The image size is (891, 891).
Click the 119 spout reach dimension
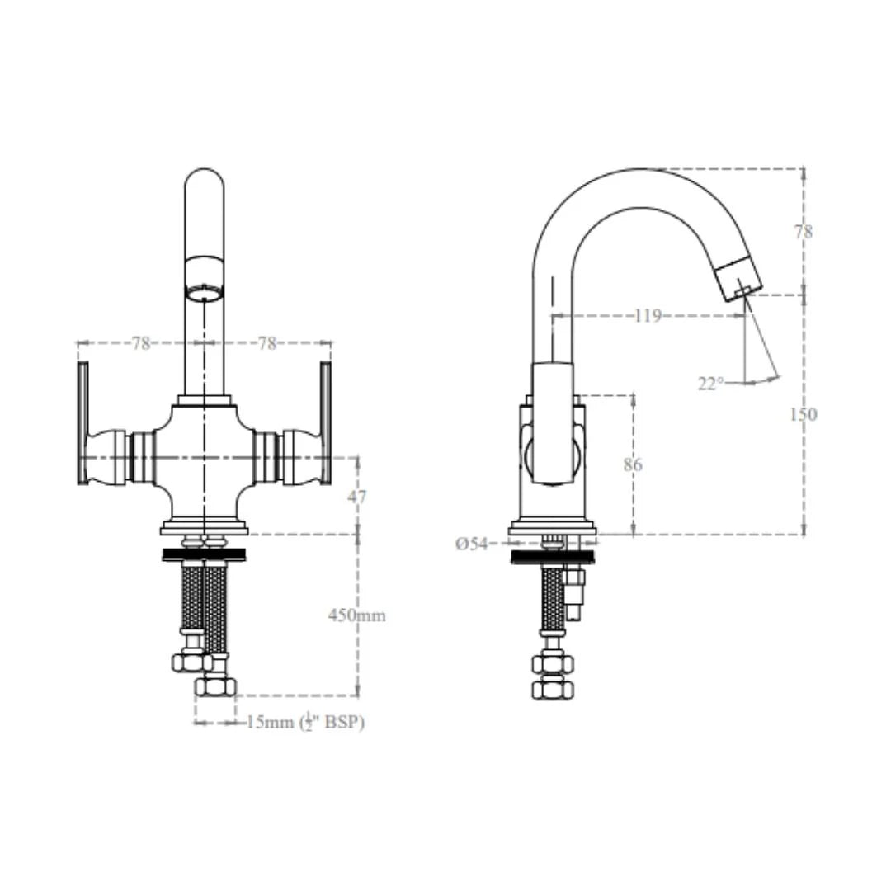coord(648,315)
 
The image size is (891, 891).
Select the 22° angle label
coord(710,383)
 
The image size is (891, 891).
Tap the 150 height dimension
coord(803,414)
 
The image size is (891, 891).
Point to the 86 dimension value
coord(632,464)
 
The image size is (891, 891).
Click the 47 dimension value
coord(357,496)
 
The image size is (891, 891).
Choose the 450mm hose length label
coord(356,615)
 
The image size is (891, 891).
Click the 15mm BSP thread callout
coord(305,722)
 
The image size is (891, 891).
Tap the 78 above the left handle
coord(141,343)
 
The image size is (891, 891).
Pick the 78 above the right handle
coord(267,343)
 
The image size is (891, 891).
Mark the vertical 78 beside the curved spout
coord(803,232)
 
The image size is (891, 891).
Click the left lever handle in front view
coord(82,422)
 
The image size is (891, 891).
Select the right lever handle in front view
coord(326,422)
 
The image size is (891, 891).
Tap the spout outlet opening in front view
coord(204,292)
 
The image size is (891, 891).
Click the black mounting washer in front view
coord(204,554)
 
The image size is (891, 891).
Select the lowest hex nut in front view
coord(215,686)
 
